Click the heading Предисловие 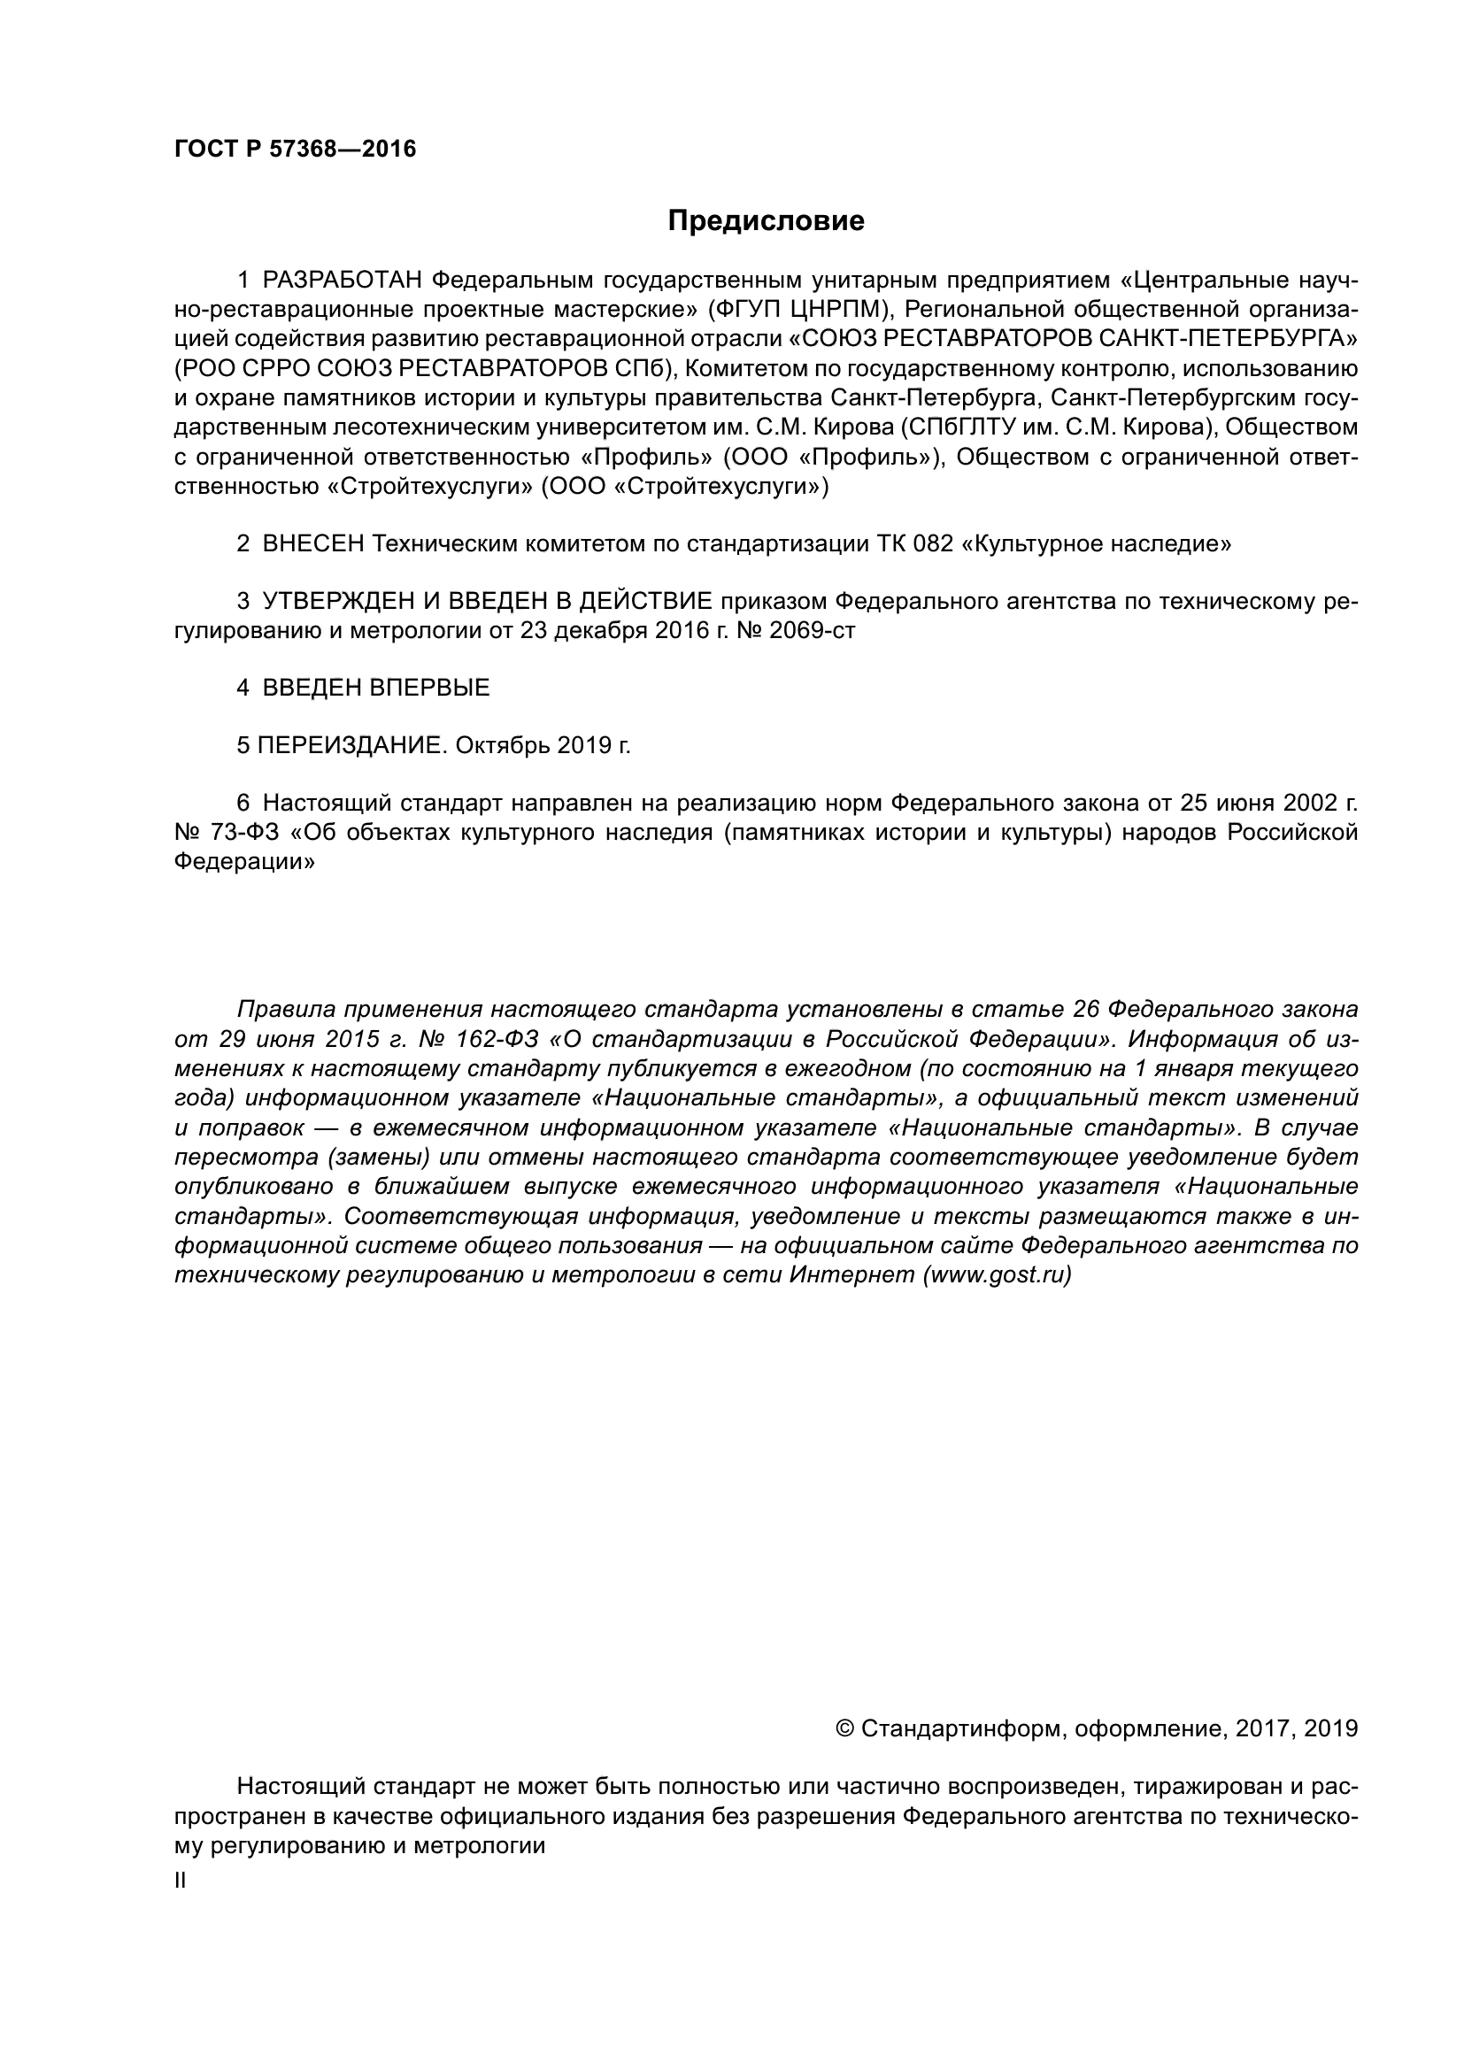(x=766, y=221)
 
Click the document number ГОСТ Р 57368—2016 (x=295, y=150)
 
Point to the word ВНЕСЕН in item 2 (x=312, y=543)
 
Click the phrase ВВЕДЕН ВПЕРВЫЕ (x=376, y=688)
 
